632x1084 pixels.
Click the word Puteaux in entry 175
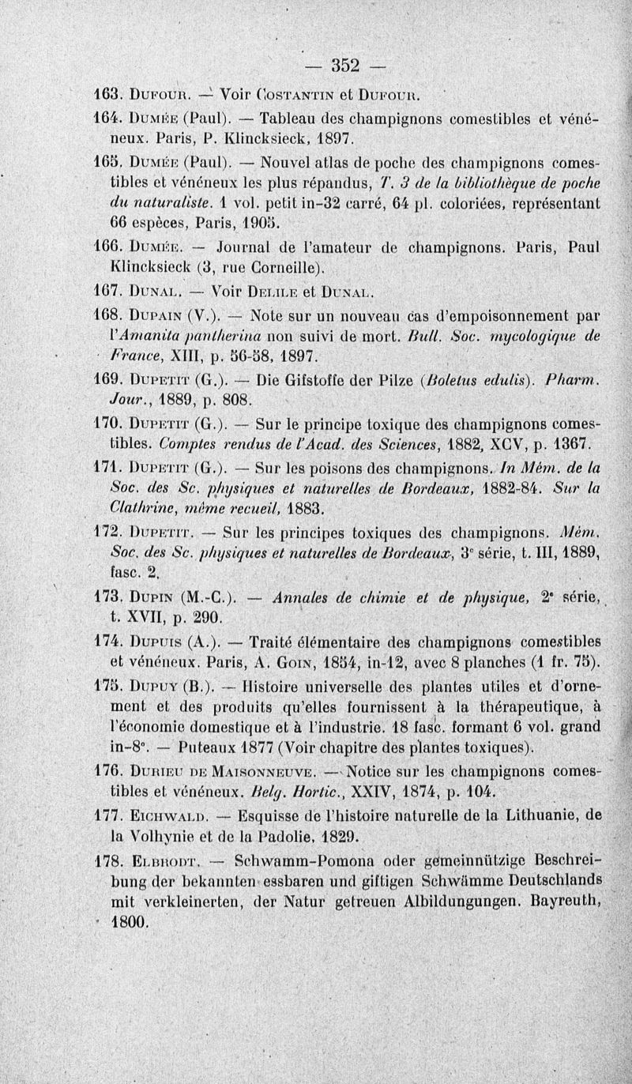(183, 746)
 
